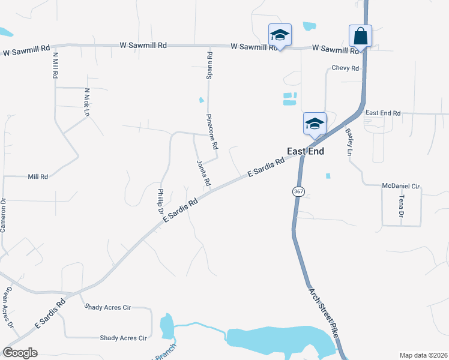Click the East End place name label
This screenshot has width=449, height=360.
click(x=306, y=152)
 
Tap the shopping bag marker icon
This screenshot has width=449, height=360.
click(x=360, y=36)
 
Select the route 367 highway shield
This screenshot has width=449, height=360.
click(x=298, y=191)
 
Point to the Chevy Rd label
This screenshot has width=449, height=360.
click(x=345, y=68)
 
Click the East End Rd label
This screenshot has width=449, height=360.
click(x=382, y=113)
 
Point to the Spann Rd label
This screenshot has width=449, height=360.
click(x=209, y=65)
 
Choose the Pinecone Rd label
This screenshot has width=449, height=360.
click(x=211, y=131)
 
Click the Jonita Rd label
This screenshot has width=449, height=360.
click(x=203, y=172)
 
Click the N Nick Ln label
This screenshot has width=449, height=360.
click(x=86, y=103)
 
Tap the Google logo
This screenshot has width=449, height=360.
click(x=20, y=353)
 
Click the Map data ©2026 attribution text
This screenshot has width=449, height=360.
click(x=423, y=355)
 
